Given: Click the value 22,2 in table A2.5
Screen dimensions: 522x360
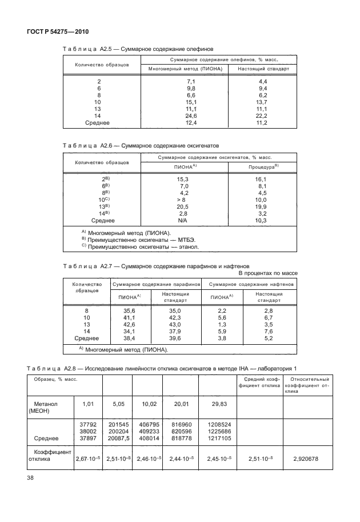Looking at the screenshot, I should (x=263, y=115).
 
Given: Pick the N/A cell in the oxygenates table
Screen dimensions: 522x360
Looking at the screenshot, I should (x=183, y=220).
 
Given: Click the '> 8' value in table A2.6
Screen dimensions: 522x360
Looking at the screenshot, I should (x=182, y=200).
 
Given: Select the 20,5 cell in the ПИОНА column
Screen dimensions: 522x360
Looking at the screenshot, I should (x=183, y=206).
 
